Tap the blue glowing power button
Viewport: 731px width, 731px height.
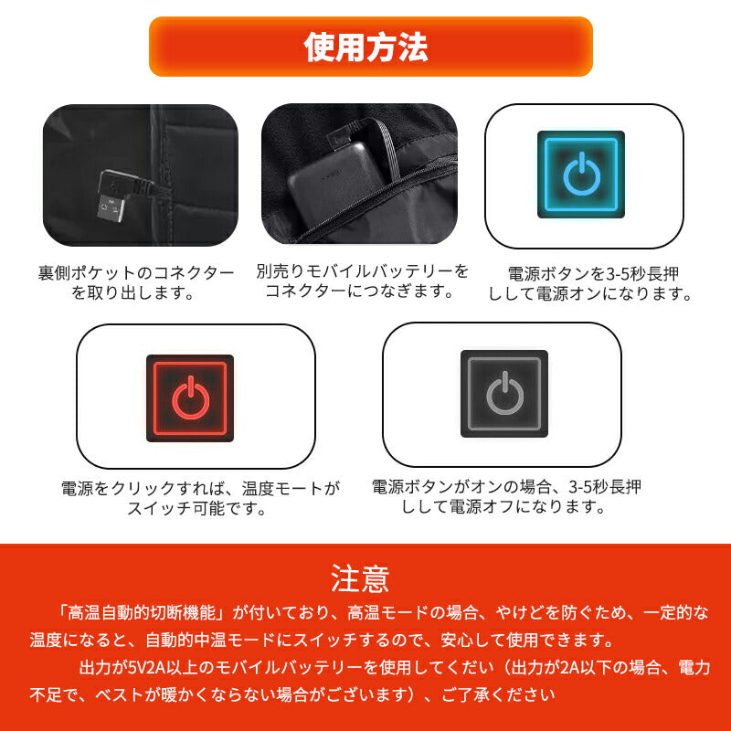coord(581,175)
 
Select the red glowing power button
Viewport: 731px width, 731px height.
coord(190,397)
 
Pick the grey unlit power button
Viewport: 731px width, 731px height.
coord(503,393)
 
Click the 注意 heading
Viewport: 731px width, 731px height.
coord(360,578)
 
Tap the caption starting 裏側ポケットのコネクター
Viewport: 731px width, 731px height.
coord(136,273)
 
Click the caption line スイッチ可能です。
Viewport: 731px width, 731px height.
coord(197,509)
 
